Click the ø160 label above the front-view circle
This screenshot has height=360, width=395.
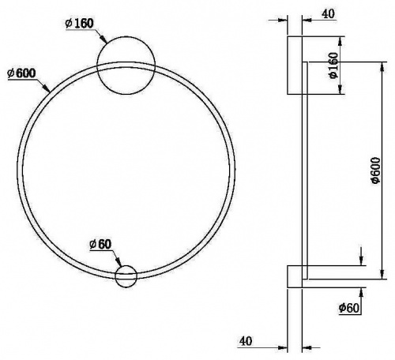tap(79, 24)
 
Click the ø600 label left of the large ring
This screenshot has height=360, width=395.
tap(21, 73)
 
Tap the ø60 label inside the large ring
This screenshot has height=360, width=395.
tap(100, 245)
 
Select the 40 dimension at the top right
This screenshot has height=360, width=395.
tap(328, 13)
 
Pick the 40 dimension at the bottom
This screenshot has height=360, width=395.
tap(246, 341)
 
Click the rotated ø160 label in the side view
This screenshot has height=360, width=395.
tap(333, 65)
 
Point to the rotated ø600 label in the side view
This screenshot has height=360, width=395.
tap(375, 170)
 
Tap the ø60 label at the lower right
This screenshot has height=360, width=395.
tap(349, 308)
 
